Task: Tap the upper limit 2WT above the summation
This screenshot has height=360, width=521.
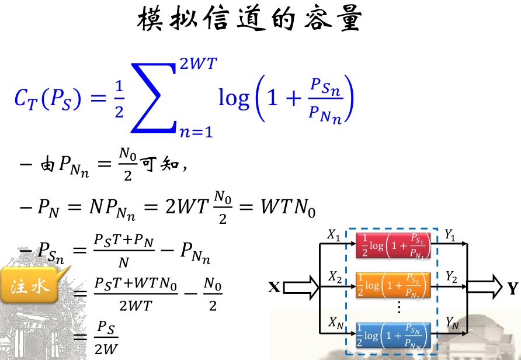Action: pos(199,64)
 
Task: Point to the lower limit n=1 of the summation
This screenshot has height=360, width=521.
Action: pos(196,131)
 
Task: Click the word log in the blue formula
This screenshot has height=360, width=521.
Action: pos(234,98)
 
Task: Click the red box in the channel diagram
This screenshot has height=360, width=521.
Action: pos(393,245)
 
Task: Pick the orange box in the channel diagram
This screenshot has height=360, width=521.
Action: pos(393,285)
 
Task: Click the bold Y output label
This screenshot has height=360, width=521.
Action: pos(513,288)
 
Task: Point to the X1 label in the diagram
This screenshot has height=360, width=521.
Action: pos(334,236)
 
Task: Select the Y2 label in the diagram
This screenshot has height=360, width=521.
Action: pos(451,275)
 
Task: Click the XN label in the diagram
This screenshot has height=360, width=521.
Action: pos(335,323)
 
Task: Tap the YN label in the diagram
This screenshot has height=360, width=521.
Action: pos(452,323)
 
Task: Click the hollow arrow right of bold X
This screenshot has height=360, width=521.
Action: pos(302,287)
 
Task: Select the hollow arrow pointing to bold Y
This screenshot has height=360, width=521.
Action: pos(484,288)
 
